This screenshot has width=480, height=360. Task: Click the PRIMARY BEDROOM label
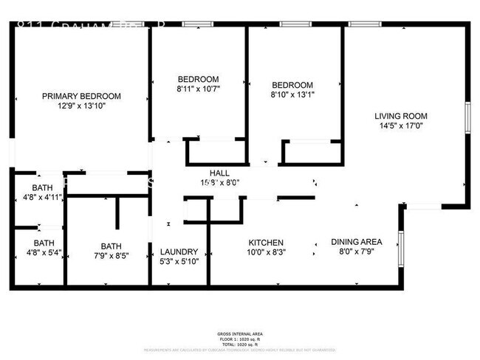[x=81, y=96]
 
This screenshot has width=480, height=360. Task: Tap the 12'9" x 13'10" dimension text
[x=81, y=105]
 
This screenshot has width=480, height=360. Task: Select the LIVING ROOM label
[x=400, y=116]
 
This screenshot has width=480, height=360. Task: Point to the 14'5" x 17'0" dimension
[x=400, y=125]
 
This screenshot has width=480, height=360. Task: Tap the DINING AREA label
[x=356, y=242]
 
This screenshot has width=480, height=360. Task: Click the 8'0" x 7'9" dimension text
[x=356, y=252]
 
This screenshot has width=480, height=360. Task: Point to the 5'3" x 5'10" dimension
[x=179, y=261]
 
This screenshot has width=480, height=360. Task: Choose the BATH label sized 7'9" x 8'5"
[x=112, y=247]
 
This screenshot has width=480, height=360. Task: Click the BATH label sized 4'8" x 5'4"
[x=44, y=243]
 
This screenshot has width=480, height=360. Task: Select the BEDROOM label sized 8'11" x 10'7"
[x=198, y=79]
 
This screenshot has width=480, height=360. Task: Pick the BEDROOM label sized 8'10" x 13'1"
[x=292, y=85]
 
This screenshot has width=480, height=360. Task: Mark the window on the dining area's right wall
[x=400, y=247]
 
